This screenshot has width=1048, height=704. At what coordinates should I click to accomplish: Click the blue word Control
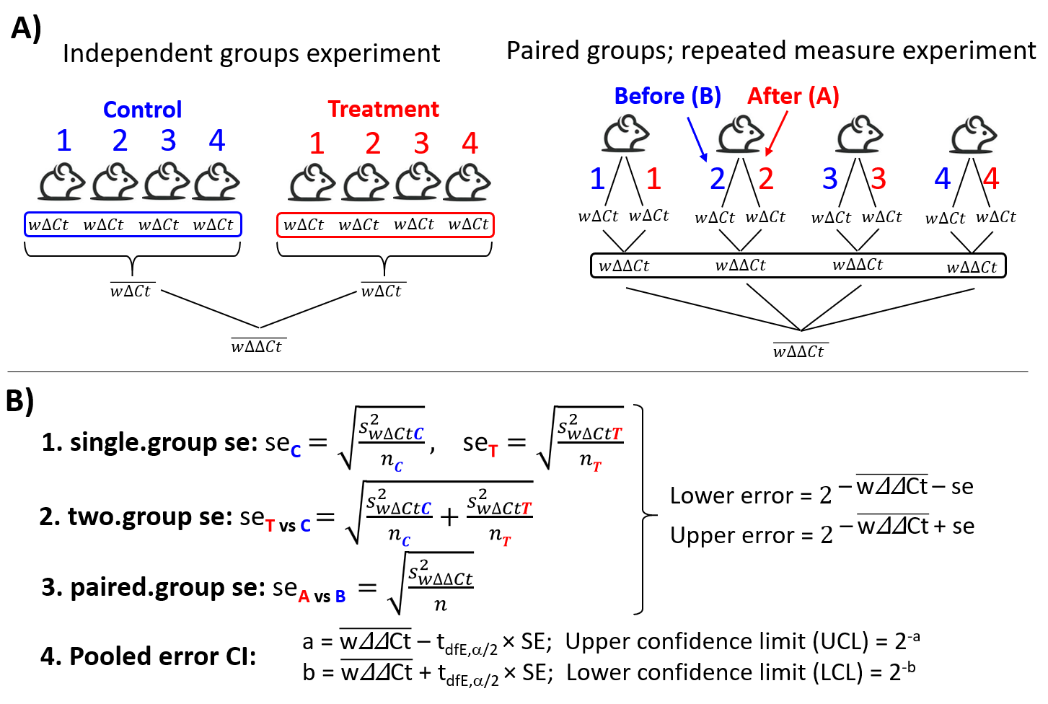(142, 110)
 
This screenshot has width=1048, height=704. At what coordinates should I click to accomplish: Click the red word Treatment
(383, 109)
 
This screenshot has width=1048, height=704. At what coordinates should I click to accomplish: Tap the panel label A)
(26, 29)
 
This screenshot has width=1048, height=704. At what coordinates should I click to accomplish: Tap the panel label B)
(20, 401)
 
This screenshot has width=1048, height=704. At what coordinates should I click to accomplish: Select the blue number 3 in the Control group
(168, 141)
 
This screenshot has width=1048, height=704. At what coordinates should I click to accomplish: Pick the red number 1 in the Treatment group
(317, 144)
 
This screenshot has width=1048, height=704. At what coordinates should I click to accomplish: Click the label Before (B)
(667, 96)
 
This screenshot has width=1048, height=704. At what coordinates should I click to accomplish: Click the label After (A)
(793, 96)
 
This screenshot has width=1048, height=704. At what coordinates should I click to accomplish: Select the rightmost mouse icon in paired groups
(973, 135)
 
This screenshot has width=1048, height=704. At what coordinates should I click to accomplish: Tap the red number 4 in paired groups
(991, 178)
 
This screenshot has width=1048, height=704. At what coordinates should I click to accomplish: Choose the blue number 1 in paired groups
(597, 178)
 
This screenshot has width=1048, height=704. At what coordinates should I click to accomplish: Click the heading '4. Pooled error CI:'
(148, 656)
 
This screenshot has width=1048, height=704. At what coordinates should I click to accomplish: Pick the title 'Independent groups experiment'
(251, 53)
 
